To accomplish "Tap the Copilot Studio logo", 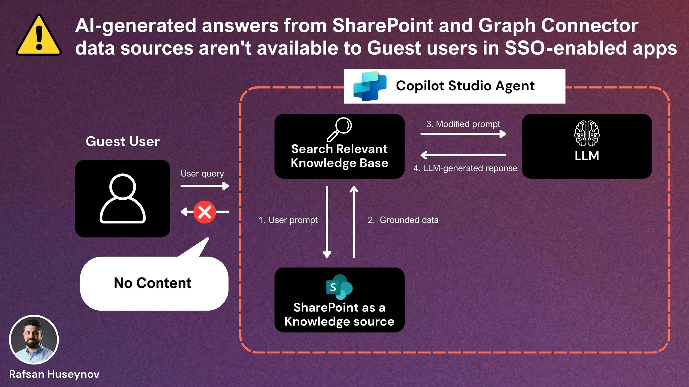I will (x=370, y=86).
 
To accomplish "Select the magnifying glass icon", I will (x=339, y=129).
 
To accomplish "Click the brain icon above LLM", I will (x=587, y=133).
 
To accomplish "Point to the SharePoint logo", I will (x=339, y=287).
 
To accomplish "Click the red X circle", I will (x=204, y=212).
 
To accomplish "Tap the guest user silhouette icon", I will (x=123, y=198).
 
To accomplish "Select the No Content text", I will (x=152, y=283).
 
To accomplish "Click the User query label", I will (x=202, y=174).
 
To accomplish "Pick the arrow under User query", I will (x=204, y=186).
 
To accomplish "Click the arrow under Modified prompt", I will (x=463, y=134).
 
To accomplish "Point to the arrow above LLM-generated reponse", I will (x=463, y=155).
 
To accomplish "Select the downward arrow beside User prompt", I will (x=327, y=222).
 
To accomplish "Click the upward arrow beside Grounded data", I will (x=354, y=222).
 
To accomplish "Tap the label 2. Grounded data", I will (x=403, y=220).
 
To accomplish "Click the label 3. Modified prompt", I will (x=463, y=124).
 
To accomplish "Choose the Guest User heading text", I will (x=123, y=141).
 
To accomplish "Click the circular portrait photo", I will (x=34, y=340).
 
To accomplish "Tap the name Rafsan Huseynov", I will (x=54, y=374).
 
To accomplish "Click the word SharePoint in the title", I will (x=383, y=26).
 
